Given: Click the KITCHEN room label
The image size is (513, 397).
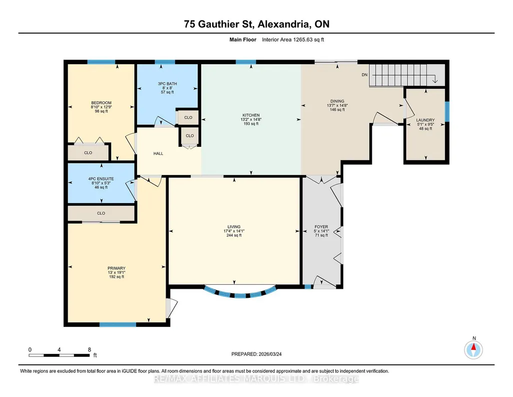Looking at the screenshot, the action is click(251, 115).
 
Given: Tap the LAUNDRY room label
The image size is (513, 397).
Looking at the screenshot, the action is click(425, 120).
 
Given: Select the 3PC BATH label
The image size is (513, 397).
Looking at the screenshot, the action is click(167, 84).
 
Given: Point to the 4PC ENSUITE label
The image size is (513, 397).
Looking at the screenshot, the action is click(101, 179).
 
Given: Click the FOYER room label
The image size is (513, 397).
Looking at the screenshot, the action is click(321, 227).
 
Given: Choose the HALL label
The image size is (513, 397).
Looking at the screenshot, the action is click(158, 153).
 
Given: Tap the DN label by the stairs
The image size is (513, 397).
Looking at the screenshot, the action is click(364, 75).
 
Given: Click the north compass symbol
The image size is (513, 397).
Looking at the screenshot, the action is click(473, 350).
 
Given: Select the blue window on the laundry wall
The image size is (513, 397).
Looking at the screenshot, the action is click(447, 112).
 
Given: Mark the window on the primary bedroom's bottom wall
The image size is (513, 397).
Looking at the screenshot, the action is click(118, 325).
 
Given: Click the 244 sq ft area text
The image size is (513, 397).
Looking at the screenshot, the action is click(234, 235).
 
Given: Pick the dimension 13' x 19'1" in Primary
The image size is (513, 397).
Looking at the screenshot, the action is click(117, 273).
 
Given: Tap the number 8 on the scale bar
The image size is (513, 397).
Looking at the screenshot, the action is click(89, 349).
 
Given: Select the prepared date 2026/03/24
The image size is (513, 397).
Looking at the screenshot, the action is click(270, 354).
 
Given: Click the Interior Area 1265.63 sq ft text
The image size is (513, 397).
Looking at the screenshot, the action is click(293, 40).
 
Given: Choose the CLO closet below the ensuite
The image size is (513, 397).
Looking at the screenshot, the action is click(101, 213).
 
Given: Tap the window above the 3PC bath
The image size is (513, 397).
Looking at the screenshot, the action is click(165, 62).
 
